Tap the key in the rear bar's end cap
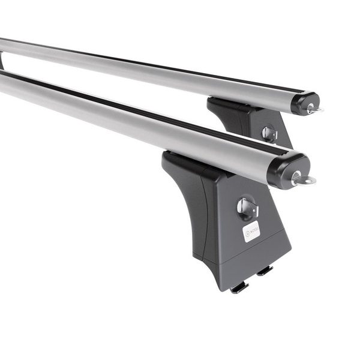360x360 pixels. point(313,109)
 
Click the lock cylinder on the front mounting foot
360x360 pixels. point(247,208)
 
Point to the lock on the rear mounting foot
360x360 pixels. point(269,134)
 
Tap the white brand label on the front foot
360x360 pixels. point(251,231)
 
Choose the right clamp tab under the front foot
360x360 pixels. point(265,271)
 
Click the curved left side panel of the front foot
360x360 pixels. point(183,204)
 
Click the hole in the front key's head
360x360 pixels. point(307,180)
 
